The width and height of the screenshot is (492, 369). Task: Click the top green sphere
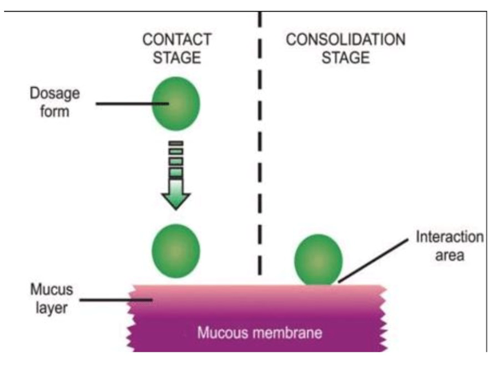pyautogui.click(x=175, y=103)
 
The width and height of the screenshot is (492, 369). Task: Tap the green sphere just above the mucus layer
pyautogui.click(x=175, y=251)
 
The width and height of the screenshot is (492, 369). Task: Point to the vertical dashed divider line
pyautogui.click(x=260, y=144)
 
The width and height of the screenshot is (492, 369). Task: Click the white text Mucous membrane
pyautogui.click(x=247, y=331)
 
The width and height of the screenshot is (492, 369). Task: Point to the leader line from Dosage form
pyautogui.click(x=121, y=102)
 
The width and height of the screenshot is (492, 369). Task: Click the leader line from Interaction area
pyautogui.click(x=376, y=262)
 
